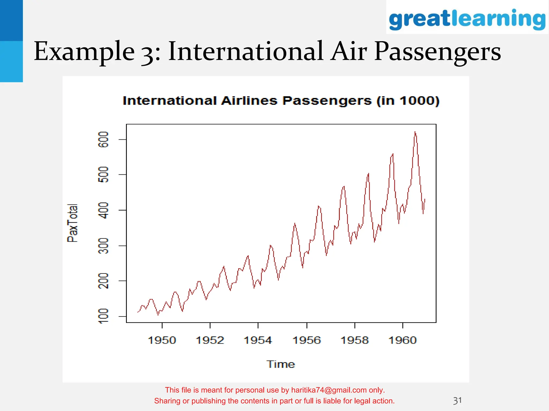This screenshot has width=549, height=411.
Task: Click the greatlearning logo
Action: (x=467, y=19)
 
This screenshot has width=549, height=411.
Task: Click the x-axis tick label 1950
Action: (x=162, y=340)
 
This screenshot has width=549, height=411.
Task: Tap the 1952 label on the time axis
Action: (x=210, y=340)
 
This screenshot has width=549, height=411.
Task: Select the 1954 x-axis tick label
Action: (x=258, y=340)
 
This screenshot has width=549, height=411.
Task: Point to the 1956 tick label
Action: (x=307, y=340)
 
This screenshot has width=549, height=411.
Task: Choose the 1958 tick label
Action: (x=355, y=340)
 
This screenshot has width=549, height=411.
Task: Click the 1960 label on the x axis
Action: (x=403, y=340)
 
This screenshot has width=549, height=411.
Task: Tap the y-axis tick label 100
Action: (x=104, y=316)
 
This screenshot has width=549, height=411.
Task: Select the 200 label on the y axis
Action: (x=104, y=281)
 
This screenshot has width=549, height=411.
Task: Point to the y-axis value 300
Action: (x=104, y=246)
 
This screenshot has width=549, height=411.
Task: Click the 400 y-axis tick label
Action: (x=104, y=210)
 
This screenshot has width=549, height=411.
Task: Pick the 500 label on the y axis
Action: (x=104, y=174)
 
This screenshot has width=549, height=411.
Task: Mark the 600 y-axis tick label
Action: (x=104, y=139)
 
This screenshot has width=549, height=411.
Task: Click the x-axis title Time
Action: (x=281, y=364)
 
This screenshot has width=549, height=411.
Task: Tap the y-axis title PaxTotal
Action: (x=73, y=223)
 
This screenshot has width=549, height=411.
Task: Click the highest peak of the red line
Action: (x=415, y=132)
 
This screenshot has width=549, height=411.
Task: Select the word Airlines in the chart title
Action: (x=249, y=101)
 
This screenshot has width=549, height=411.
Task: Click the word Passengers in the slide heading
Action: (x=437, y=51)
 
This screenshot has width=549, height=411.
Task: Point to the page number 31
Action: (x=457, y=401)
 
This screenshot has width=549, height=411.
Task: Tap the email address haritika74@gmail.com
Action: (x=329, y=390)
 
